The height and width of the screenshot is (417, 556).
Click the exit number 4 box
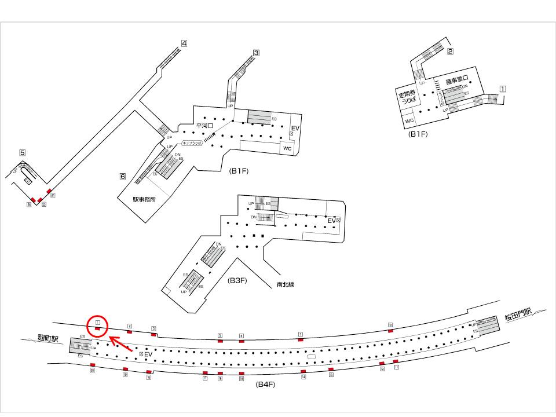click(x=184, y=43)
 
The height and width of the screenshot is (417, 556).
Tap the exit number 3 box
click(x=255, y=52)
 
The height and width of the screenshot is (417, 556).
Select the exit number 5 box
click(x=22, y=153)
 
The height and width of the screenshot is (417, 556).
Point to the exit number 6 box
click(x=123, y=176)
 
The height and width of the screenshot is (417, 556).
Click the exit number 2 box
click(x=449, y=51)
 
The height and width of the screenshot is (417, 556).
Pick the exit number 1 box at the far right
click(x=503, y=89)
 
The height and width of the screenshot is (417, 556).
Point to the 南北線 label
click(x=285, y=284)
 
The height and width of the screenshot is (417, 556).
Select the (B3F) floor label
click(x=237, y=281)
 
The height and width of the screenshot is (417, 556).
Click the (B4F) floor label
click(x=265, y=384)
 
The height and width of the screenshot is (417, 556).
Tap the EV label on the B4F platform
click(x=148, y=353)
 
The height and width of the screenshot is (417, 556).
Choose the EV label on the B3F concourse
click(x=332, y=221)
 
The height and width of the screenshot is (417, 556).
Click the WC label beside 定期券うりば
click(x=409, y=120)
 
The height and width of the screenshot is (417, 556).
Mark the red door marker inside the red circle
click(x=98, y=329)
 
